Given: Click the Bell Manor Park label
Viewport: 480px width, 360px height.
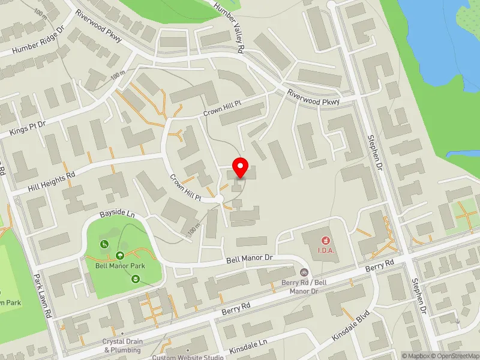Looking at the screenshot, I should click(120, 265).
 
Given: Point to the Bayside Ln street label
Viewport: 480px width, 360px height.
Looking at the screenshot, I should click(117, 214).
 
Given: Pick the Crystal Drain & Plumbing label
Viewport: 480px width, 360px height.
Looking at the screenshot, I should click(122, 346).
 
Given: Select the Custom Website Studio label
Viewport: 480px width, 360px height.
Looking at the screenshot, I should click(187, 357).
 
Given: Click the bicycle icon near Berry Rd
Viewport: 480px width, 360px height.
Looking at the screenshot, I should click(304, 272).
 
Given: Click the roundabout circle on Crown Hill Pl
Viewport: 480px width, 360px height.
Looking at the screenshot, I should click(219, 198).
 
